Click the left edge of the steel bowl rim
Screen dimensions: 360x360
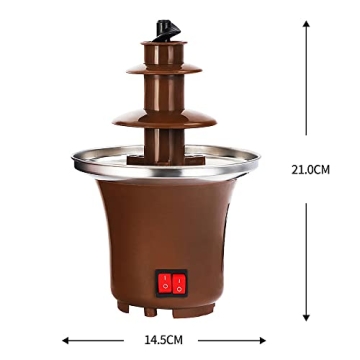click(x=72, y=157)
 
